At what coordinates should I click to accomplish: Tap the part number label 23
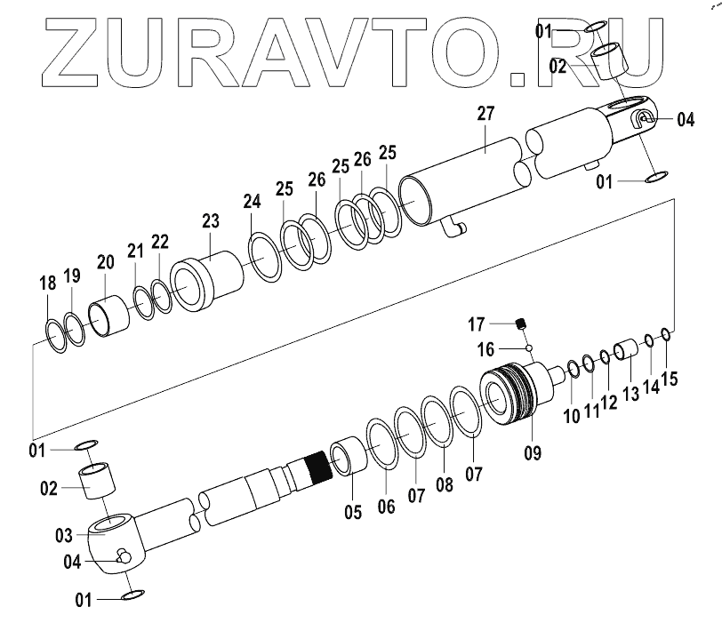click(210, 220)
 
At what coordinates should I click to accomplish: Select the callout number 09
click(532, 451)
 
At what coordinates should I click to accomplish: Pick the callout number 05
click(353, 513)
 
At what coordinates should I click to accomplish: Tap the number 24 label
click(253, 202)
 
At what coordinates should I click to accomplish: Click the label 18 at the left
click(48, 284)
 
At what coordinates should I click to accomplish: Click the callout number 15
click(669, 379)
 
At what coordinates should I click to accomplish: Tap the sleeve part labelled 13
click(626, 347)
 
